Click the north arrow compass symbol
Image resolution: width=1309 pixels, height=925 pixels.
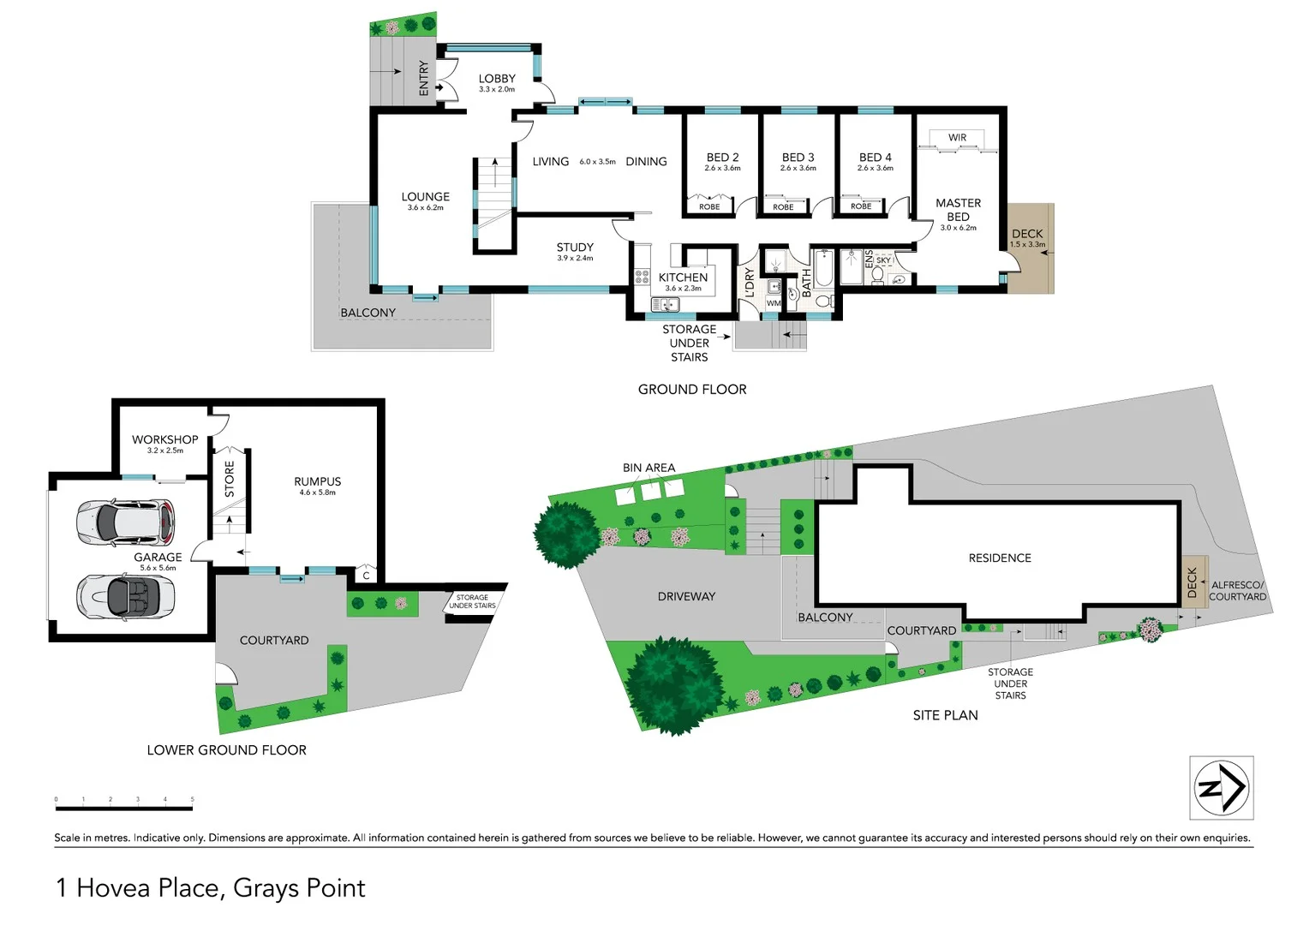click(x=1222, y=788)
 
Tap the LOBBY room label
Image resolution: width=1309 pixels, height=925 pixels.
click(x=497, y=79)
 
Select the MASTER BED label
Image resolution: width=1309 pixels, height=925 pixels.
click(x=958, y=210)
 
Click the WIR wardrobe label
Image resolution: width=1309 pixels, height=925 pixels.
click(x=957, y=138)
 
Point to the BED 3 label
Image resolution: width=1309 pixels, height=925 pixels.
click(x=798, y=158)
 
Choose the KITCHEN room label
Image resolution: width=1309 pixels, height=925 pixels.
click(x=683, y=277)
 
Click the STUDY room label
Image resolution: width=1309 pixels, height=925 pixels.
click(x=575, y=248)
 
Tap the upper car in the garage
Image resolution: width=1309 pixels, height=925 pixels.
click(x=125, y=522)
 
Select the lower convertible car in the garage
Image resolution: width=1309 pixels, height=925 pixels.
click(x=125, y=594)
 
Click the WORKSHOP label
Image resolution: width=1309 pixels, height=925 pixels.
click(x=164, y=439)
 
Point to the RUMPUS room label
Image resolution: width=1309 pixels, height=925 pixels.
click(x=317, y=481)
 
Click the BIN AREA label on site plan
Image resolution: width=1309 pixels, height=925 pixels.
click(x=649, y=468)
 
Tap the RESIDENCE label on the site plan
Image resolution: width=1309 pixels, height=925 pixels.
click(x=1000, y=558)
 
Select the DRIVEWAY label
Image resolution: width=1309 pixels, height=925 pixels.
click(x=686, y=596)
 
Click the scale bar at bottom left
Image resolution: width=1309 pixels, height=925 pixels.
click(x=124, y=806)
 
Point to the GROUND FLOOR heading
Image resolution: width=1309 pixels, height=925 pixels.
click(x=692, y=389)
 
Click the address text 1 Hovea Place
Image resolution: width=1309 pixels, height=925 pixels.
click(x=210, y=888)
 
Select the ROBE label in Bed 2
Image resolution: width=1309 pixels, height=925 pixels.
click(x=709, y=206)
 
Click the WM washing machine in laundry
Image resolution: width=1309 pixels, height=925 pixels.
click(x=774, y=303)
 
